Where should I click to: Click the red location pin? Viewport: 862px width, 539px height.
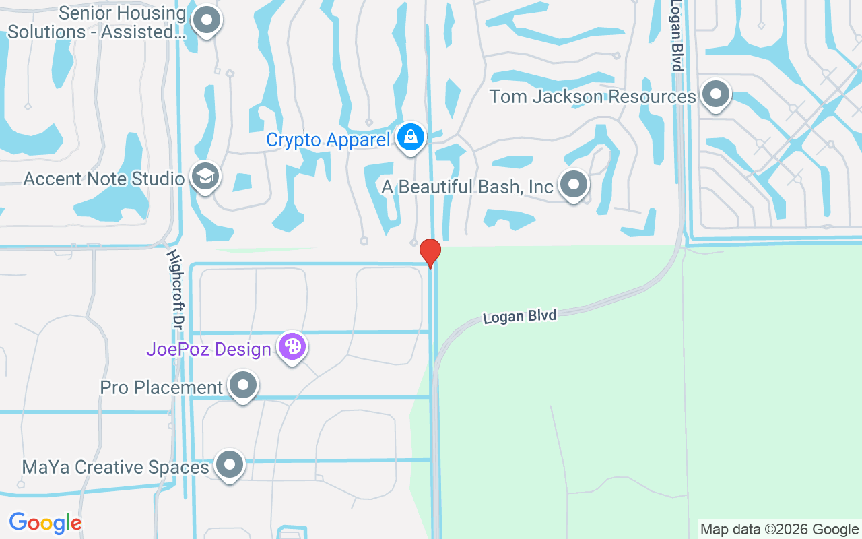coord(430,253)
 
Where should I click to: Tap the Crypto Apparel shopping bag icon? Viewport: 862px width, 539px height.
coord(409,137)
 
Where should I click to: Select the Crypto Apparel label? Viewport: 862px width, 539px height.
coord(328,140)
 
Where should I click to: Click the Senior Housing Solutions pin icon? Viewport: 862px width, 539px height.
coord(206,21)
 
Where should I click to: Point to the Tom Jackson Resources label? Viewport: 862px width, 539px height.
coord(592,96)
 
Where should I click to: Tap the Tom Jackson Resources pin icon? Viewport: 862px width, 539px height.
coord(715,94)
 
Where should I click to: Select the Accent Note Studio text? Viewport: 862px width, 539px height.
coord(104,179)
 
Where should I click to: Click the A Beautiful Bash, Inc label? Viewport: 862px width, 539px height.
coord(467,187)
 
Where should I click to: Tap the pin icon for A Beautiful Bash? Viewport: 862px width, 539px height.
coord(574,184)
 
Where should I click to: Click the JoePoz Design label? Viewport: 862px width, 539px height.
coord(209,350)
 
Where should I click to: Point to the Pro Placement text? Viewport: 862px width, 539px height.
coord(161,388)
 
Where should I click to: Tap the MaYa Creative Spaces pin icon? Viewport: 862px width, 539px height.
coord(230,465)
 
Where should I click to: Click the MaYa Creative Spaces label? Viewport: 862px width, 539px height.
coord(115,467)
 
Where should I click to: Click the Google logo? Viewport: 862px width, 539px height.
coord(45,523)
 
